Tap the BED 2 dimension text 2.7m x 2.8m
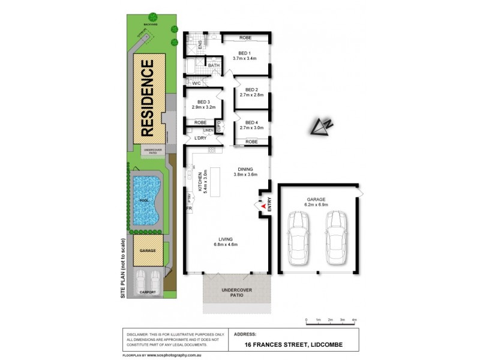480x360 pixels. click(x=251, y=95)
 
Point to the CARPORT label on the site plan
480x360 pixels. click(x=148, y=292)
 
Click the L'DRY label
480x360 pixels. click(x=200, y=139)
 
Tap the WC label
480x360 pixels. click(x=195, y=82)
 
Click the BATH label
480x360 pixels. click(x=214, y=65)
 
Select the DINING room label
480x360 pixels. click(x=246, y=169)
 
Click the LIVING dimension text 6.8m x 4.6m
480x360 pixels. click(x=227, y=244)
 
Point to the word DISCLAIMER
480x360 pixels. click(x=137, y=334)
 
